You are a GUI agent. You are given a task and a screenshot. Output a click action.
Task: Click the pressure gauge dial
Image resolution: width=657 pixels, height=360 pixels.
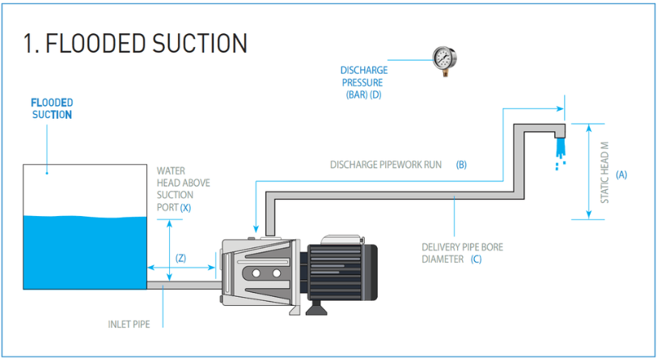pyautogui.click(x=443, y=58)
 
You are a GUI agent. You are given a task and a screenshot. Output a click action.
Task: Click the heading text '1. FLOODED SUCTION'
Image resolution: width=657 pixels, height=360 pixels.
pyautogui.click(x=135, y=43)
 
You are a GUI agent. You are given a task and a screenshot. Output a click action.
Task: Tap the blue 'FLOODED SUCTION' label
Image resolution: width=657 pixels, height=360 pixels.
pyautogui.click(x=52, y=108)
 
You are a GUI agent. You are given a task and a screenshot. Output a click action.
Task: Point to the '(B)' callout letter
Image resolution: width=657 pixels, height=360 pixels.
pyautogui.click(x=461, y=164)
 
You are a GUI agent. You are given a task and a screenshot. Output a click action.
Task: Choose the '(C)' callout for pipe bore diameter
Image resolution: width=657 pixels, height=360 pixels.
pyautogui.click(x=476, y=260)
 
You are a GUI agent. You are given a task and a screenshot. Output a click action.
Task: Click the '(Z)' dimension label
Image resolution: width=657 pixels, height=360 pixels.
pyautogui.click(x=180, y=258)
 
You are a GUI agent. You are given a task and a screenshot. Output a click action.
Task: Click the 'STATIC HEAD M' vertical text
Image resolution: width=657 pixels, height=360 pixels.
pyautogui.click(x=604, y=172)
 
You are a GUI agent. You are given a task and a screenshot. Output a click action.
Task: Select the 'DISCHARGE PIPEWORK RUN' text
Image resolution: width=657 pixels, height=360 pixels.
pyautogui.click(x=386, y=164)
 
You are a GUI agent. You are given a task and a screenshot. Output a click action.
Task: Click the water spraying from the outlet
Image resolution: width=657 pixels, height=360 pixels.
pyautogui.click(x=558, y=151)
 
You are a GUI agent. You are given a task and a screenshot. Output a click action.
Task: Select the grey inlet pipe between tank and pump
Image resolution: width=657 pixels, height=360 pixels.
pyautogui.click(x=182, y=284)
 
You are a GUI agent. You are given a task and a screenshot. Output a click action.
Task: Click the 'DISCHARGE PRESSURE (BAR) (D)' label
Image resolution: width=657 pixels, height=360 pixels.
pyautogui.click(x=363, y=83)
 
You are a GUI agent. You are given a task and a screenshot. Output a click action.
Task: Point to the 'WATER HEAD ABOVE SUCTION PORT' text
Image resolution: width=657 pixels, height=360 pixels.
pyautogui.click(x=183, y=188)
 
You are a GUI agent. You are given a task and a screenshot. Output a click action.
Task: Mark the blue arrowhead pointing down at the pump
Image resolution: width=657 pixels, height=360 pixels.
pyautogui.click(x=256, y=230)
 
